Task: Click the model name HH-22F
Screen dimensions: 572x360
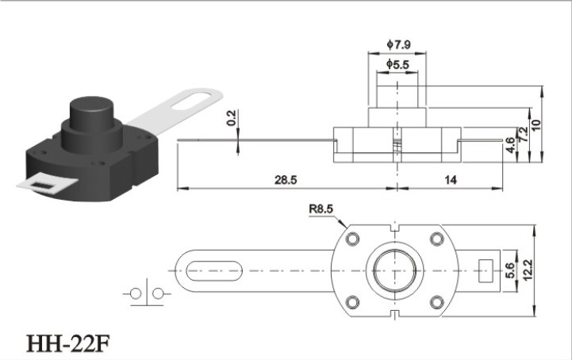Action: pyautogui.click(x=68, y=343)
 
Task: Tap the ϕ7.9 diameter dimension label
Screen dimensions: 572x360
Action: pyautogui.click(x=398, y=44)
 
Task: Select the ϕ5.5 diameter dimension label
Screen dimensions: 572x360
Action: pyautogui.click(x=397, y=64)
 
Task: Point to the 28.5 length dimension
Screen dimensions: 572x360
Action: pyautogui.click(x=286, y=179)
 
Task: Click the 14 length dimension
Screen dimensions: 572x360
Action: pyautogui.click(x=451, y=179)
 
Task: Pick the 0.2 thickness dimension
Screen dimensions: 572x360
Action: pyautogui.click(x=232, y=118)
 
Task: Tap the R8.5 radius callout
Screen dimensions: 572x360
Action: pyautogui.click(x=321, y=209)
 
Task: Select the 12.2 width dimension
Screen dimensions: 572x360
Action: pyautogui.click(x=528, y=270)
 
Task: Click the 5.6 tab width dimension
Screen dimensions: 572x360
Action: pyautogui.click(x=510, y=270)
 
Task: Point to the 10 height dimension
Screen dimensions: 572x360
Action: pyautogui.click(x=536, y=125)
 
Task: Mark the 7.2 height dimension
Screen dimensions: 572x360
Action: pyautogui.click(x=523, y=134)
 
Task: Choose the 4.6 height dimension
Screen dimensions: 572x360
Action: pyautogui.click(x=510, y=145)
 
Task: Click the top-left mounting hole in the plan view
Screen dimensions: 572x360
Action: pyautogui.click(x=352, y=239)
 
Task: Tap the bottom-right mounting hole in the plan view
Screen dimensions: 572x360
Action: pyautogui.click(x=436, y=302)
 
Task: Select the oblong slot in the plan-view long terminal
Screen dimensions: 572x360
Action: pyautogui.click(x=214, y=270)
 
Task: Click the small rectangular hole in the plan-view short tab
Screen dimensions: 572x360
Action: pyautogui.click(x=486, y=270)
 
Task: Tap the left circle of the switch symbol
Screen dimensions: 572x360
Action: pyautogui.click(x=136, y=293)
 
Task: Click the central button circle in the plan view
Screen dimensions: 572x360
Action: pyautogui.click(x=395, y=270)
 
